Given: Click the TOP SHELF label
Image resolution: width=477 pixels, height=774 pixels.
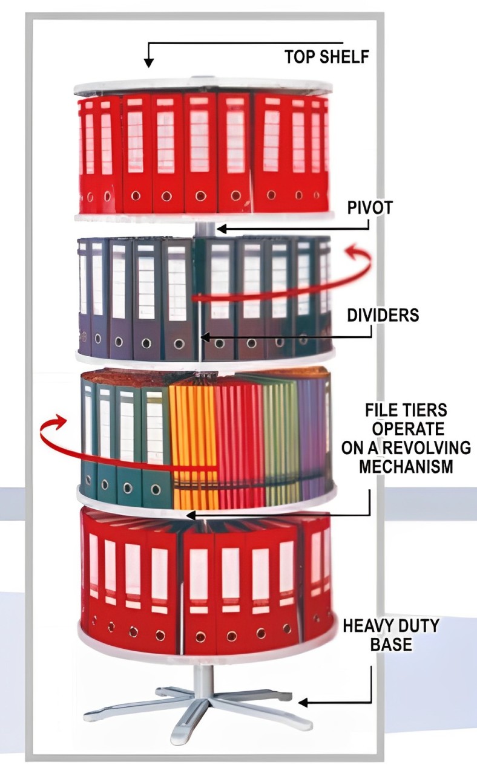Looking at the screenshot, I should (327, 57).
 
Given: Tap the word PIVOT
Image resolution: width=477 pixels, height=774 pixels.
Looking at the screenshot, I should (370, 209).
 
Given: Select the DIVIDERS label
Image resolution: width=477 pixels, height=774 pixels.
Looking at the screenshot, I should (383, 314).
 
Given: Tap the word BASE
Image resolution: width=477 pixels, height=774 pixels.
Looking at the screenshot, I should (390, 643).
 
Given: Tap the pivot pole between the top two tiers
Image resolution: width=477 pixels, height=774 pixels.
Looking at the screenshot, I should (205, 229).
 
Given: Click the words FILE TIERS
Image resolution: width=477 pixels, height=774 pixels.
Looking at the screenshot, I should (406, 411).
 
